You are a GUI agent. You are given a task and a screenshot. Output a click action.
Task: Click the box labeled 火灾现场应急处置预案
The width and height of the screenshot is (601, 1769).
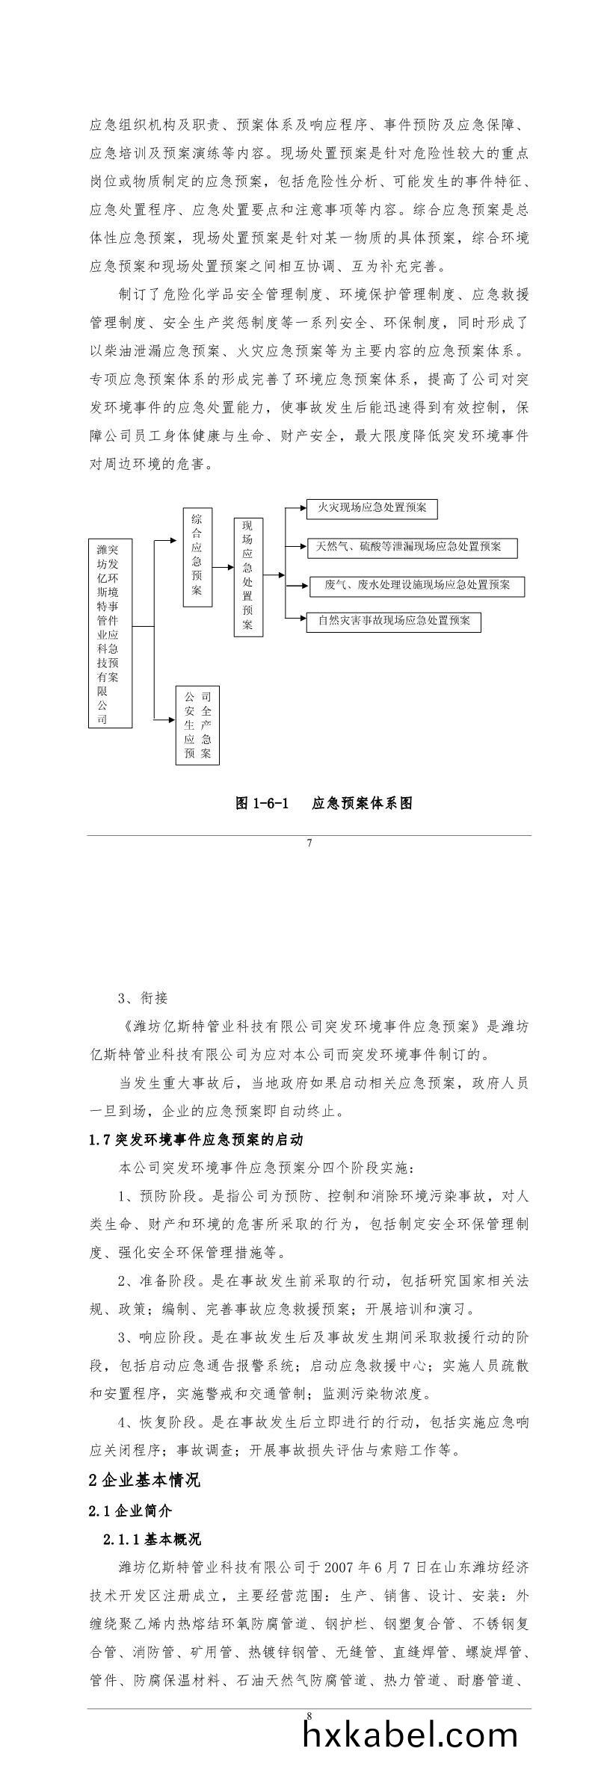point(372,509)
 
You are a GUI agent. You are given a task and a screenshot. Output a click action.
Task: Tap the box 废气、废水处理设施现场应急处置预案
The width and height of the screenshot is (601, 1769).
point(417,586)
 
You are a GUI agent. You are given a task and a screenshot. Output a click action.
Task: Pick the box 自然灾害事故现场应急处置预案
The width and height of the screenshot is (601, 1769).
point(393,622)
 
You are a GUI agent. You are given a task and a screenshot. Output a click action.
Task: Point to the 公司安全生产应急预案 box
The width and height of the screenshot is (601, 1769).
point(197,725)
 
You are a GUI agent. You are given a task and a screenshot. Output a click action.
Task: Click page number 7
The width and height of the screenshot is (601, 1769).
point(309,843)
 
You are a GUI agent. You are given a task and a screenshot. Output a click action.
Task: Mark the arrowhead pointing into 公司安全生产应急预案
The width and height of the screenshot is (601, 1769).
point(171,719)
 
